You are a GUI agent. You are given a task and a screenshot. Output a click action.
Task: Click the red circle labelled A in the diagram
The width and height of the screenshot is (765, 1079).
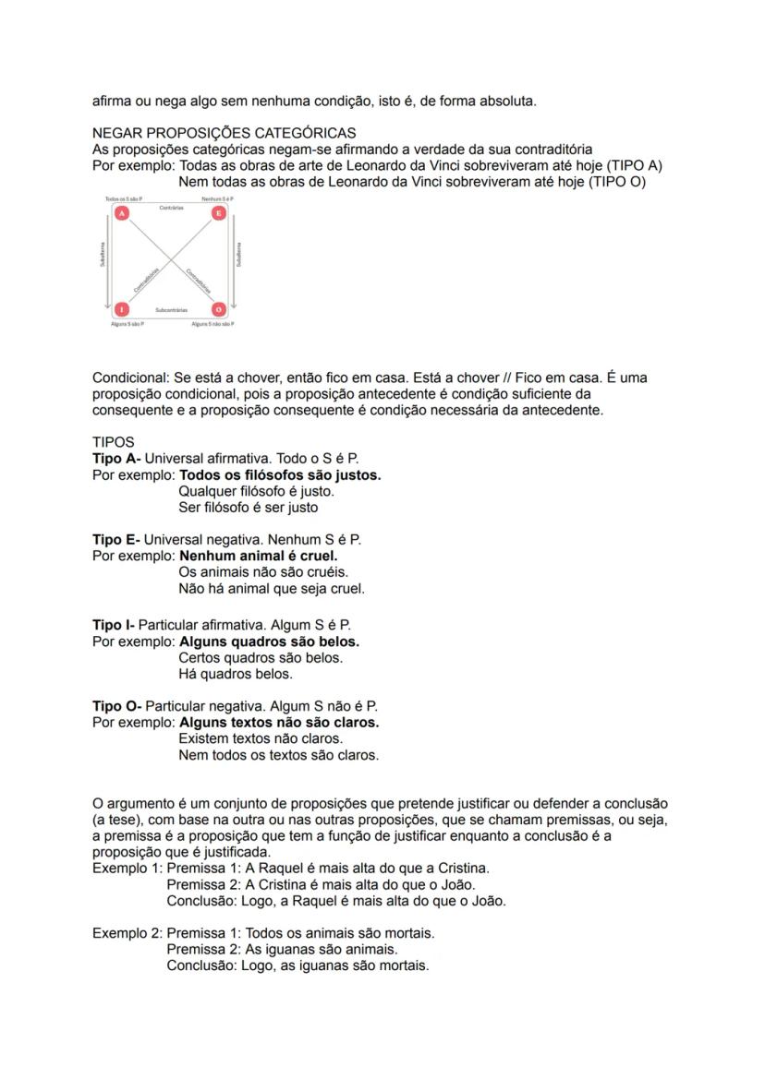[121, 213]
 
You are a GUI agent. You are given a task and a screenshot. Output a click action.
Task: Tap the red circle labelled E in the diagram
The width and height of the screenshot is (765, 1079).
[219, 213]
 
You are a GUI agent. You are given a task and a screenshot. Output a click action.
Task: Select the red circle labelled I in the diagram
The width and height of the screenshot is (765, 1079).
[121, 310]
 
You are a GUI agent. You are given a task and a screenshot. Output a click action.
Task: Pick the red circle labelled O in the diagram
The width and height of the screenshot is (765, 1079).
[219, 310]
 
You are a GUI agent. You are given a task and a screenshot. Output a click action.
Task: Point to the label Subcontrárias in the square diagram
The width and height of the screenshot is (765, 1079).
[171, 310]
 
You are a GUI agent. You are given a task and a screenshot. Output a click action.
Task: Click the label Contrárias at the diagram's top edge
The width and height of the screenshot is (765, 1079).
[171, 208]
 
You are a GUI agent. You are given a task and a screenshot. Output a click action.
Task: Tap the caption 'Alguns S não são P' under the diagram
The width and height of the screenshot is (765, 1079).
[212, 325]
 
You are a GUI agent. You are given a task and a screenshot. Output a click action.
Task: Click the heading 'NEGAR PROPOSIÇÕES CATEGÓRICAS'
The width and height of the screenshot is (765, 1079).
[225, 134]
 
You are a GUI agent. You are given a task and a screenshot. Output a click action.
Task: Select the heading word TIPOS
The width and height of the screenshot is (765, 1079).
[114, 442]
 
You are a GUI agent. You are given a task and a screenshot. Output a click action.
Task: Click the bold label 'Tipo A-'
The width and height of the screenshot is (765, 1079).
[116, 459]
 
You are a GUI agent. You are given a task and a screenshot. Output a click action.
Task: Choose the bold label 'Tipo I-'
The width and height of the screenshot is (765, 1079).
[114, 625]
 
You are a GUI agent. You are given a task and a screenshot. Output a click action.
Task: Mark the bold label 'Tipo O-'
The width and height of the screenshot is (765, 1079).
[117, 706]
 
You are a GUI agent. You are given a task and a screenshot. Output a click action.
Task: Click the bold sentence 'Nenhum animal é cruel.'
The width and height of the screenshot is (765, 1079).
[259, 556]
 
